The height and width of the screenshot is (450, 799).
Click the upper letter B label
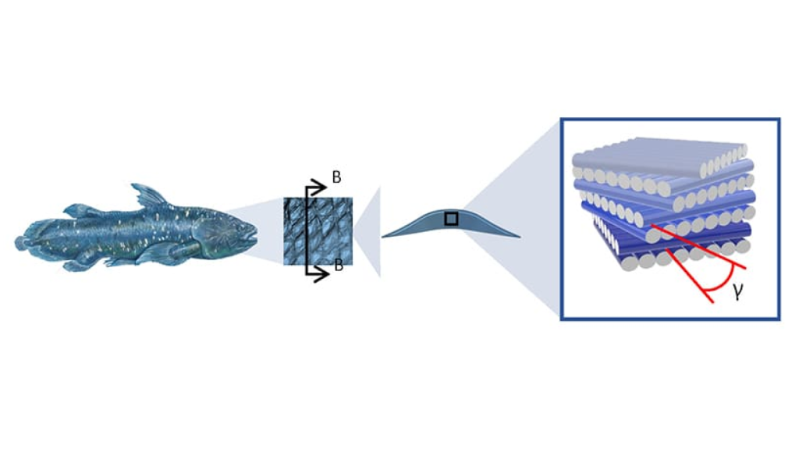tap(336, 177)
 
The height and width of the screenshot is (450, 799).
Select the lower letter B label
tap(339, 265)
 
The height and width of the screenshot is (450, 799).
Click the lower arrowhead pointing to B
tap(320, 273)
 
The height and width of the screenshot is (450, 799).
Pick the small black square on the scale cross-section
tap(451, 219)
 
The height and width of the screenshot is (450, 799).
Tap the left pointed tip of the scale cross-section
tap(384, 235)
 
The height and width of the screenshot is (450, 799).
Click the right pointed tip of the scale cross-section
tap(518, 235)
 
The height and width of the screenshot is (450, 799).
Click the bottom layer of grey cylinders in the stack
tap(663, 262)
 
